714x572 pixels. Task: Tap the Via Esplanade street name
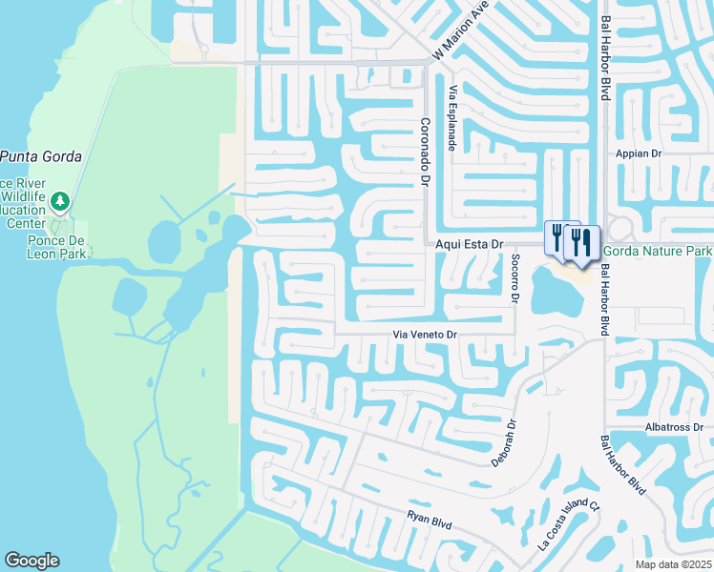pyautogui.click(x=452, y=116)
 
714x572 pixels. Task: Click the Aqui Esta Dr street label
pyautogui.click(x=469, y=245)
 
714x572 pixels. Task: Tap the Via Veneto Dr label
pyautogui.click(x=427, y=335)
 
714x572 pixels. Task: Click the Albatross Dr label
pyautogui.click(x=674, y=427)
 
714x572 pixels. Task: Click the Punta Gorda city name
pyautogui.click(x=40, y=156)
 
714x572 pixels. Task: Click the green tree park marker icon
pyautogui.click(x=61, y=201)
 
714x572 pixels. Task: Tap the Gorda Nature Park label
pyautogui.click(x=659, y=250)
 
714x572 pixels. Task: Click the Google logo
pyautogui.click(x=31, y=561)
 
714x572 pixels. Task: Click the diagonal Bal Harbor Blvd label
pyautogui.click(x=622, y=465)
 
